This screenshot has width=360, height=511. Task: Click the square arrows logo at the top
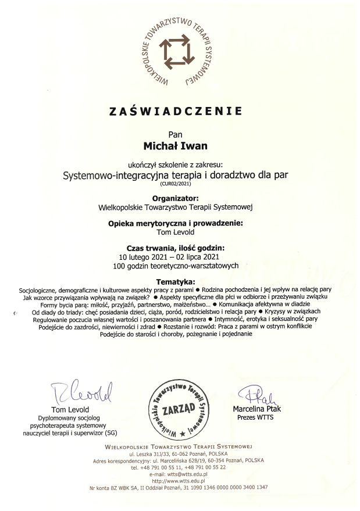[179, 52]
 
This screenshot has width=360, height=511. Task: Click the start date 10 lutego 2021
[145, 240]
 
